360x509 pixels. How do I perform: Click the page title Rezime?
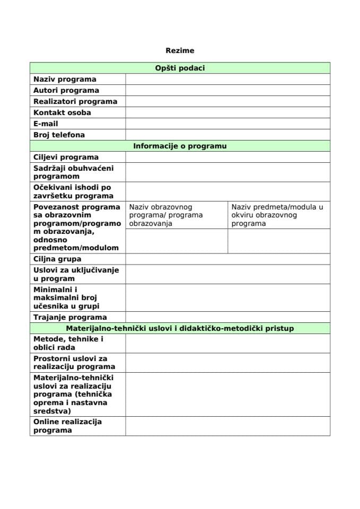click(x=180, y=51)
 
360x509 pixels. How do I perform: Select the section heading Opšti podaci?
click(x=180, y=68)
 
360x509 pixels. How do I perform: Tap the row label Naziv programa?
click(x=65, y=80)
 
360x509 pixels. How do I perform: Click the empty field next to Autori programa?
click(x=227, y=90)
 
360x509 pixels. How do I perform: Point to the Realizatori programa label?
click(x=75, y=101)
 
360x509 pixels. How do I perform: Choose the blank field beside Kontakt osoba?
click(x=227, y=112)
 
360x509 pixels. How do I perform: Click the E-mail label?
click(x=46, y=124)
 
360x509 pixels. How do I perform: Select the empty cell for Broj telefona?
click(x=227, y=135)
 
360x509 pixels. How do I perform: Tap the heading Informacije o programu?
click(x=180, y=146)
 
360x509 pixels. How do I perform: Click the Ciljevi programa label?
click(x=66, y=157)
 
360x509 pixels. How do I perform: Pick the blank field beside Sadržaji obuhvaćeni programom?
click(x=227, y=172)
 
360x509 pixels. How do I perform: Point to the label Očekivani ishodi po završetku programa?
click(x=72, y=191)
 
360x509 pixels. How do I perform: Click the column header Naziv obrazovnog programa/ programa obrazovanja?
click(x=166, y=215)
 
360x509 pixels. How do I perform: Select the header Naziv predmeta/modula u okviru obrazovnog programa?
click(x=277, y=215)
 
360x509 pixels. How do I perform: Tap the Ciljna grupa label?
click(x=57, y=259)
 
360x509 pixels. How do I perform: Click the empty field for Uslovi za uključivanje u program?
click(x=227, y=274)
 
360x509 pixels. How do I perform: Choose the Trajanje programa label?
click(x=70, y=318)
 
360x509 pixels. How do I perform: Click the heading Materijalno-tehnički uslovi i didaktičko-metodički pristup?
click(x=180, y=329)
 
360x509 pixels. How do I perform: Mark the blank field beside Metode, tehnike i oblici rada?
click(x=227, y=343)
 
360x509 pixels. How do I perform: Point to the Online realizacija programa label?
click(x=67, y=426)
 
